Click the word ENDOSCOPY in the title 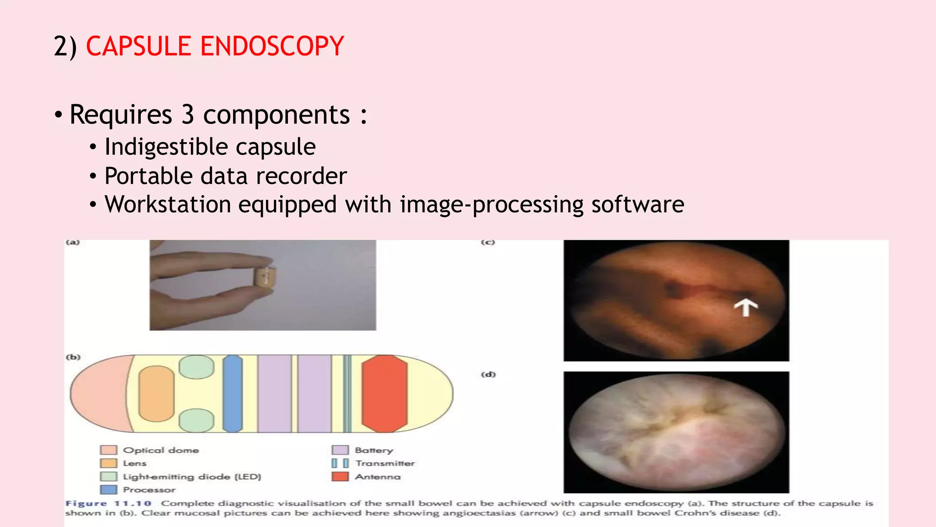point(272,46)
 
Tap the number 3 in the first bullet point(187,114)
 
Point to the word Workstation point(168,204)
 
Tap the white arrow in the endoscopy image point(745,307)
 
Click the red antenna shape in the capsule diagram point(384,393)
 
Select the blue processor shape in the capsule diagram point(232,393)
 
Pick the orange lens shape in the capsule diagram point(156,393)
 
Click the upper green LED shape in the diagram point(197,367)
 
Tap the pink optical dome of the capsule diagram point(98,393)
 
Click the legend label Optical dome point(161,450)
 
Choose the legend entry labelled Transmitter point(385,463)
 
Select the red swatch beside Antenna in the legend point(340,477)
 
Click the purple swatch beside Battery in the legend point(340,450)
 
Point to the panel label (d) point(488,374)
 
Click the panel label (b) point(73,357)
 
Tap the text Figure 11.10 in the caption point(108,503)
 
